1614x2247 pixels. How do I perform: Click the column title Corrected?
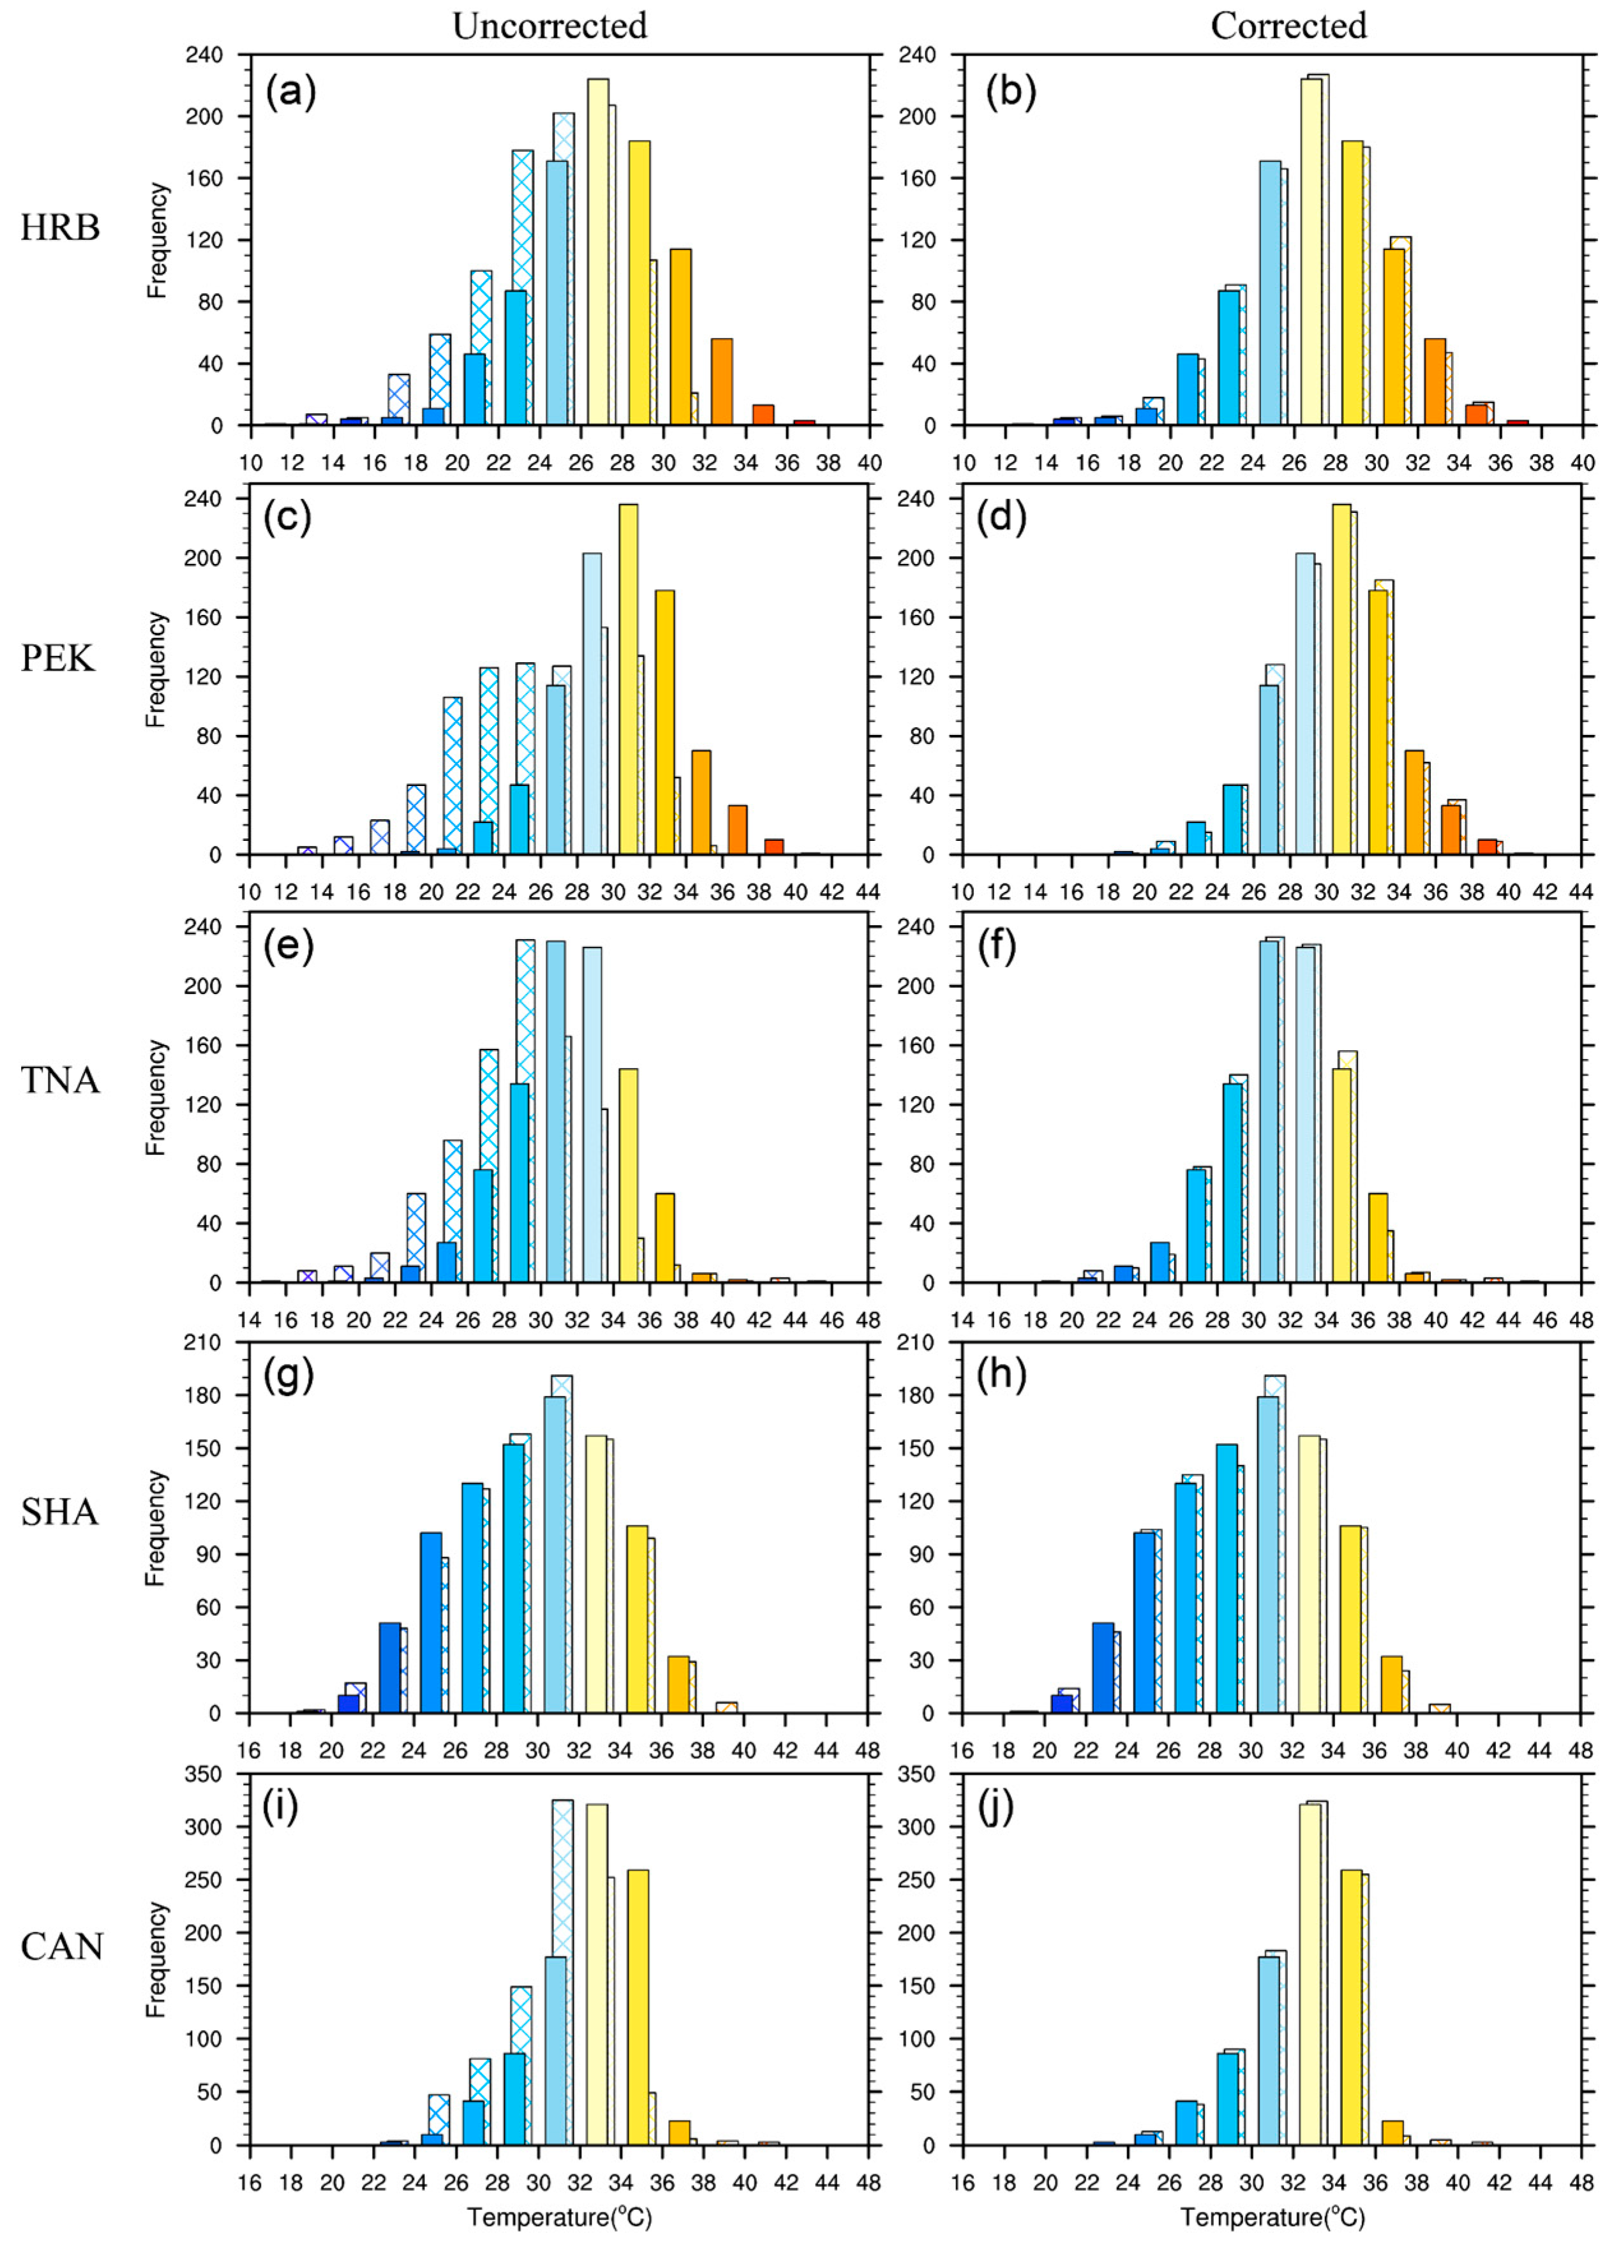click(1288, 25)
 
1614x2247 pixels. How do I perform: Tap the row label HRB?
click(61, 228)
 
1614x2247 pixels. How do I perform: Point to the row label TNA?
click(61, 1080)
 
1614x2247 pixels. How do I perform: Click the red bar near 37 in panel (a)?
click(805, 423)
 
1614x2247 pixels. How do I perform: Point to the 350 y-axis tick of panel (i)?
click(214, 1774)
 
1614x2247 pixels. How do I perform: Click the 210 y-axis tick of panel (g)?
click(214, 1342)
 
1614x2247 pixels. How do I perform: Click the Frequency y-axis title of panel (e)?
click(156, 1097)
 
